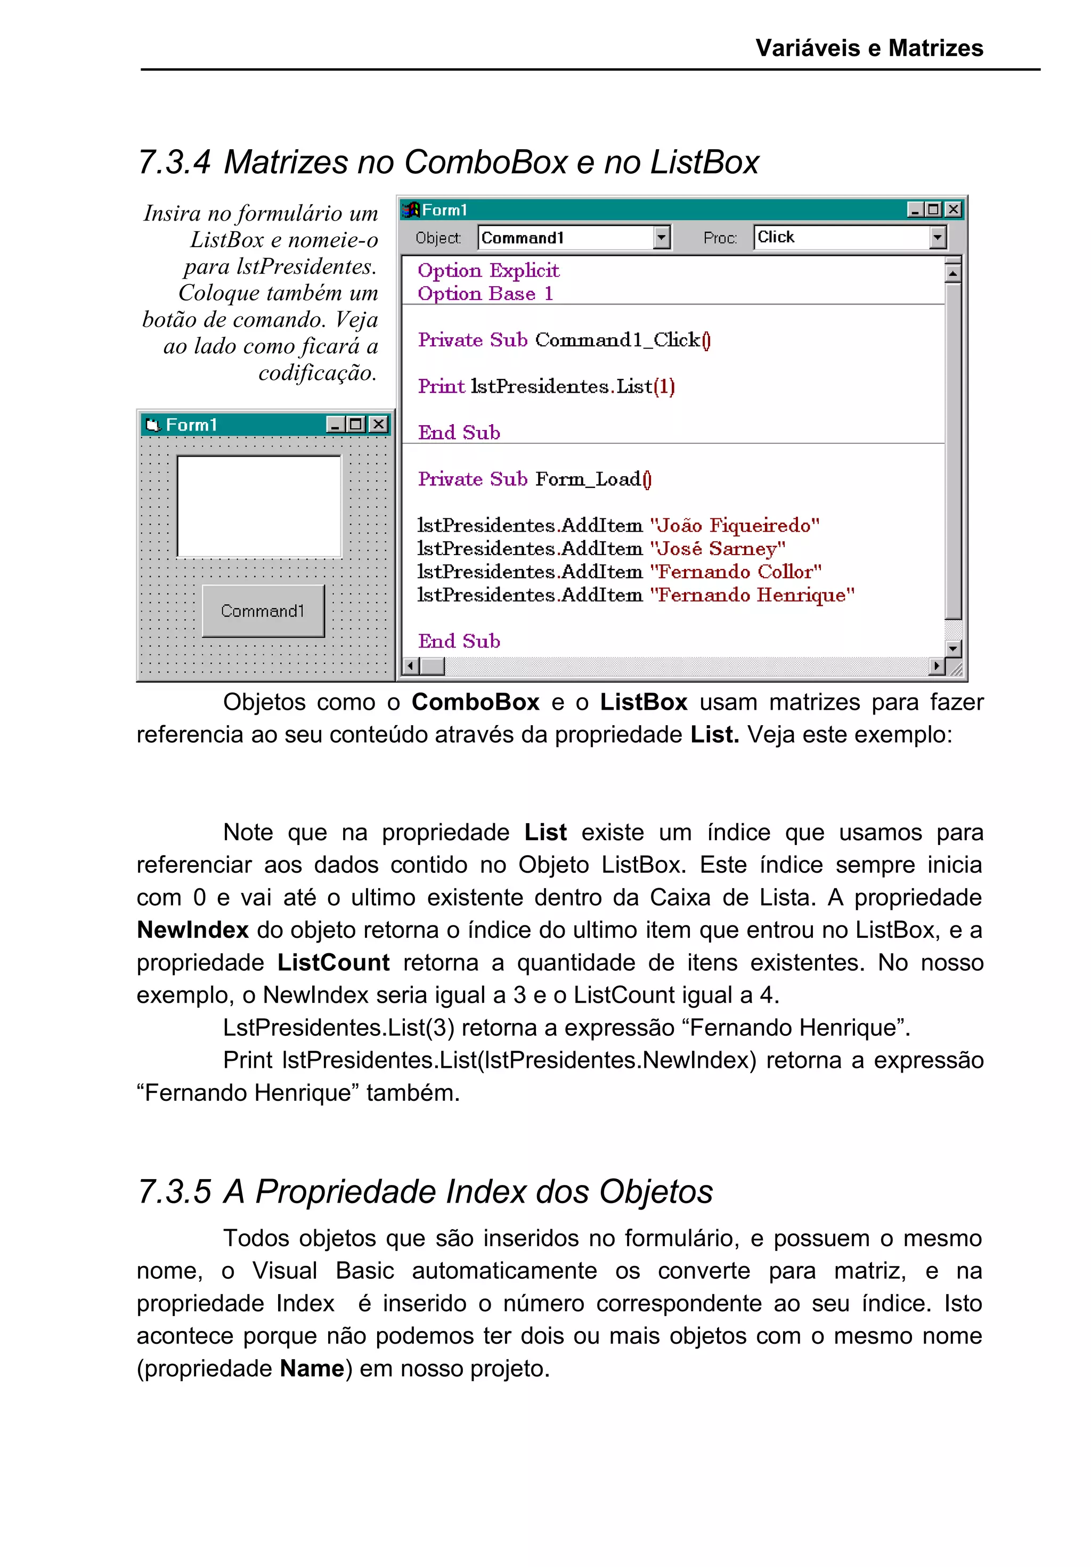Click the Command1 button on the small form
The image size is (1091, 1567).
(x=263, y=611)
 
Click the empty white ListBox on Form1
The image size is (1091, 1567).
(x=259, y=506)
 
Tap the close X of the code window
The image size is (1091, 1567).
(x=953, y=209)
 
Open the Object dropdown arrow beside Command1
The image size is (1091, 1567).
(x=661, y=238)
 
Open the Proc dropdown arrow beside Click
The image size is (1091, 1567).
(x=938, y=238)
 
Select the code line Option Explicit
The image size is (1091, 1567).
(x=488, y=270)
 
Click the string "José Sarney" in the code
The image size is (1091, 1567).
(x=717, y=549)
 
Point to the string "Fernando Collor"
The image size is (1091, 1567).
(x=736, y=572)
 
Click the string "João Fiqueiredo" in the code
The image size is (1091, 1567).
(x=734, y=525)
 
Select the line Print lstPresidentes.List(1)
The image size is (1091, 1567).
(x=546, y=386)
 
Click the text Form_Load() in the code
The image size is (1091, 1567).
(x=593, y=479)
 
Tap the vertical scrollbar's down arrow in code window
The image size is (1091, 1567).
(x=952, y=648)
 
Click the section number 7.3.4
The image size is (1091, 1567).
(x=175, y=163)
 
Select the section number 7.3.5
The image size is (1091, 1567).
(x=175, y=1191)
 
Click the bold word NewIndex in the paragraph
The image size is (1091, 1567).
(x=192, y=930)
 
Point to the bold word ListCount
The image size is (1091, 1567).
(x=333, y=963)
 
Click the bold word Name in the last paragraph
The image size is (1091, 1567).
(x=312, y=1368)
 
